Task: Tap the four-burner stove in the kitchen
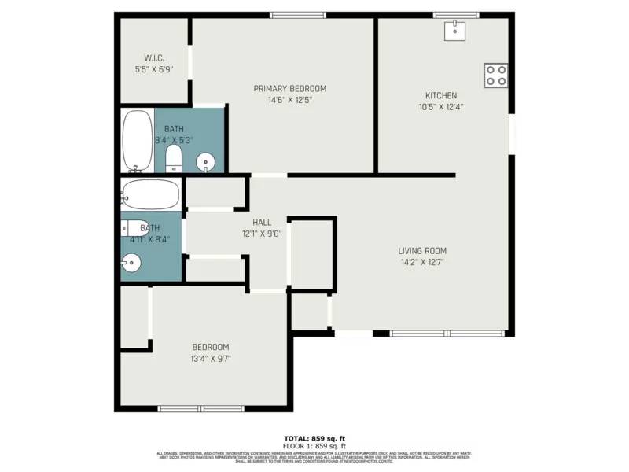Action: [x=496, y=75]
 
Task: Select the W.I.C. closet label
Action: [x=154, y=58]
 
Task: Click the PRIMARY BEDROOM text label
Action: [x=289, y=89]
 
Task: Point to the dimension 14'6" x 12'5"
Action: [x=289, y=100]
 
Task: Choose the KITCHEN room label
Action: [x=440, y=95]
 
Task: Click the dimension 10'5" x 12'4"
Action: [x=440, y=107]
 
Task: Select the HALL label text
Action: [x=262, y=223]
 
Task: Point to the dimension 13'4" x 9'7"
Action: [x=211, y=359]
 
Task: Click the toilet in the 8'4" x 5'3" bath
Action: [x=174, y=160]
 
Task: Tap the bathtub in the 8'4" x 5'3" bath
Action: [x=138, y=141]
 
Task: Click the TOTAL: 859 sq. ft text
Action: [x=314, y=438]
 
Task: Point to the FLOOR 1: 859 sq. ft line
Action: [x=314, y=445]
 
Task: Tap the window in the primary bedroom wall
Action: [x=298, y=15]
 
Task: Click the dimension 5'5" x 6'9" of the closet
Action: [x=154, y=69]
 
